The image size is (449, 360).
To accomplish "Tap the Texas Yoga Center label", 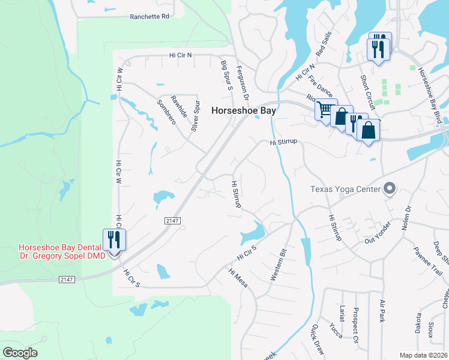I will click(345, 190).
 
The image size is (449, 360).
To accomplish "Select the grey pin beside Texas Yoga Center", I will click(390, 189).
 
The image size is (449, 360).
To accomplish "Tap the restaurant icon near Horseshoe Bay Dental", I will click(113, 240).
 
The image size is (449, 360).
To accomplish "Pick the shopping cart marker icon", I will click(325, 110).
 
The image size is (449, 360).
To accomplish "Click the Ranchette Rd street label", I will click(149, 17).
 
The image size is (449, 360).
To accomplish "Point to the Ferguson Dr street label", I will click(243, 82).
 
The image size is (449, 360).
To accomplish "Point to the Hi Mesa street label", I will click(238, 277).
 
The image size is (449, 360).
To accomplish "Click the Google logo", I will click(20, 352).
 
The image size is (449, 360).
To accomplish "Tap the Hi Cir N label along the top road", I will click(181, 55).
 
